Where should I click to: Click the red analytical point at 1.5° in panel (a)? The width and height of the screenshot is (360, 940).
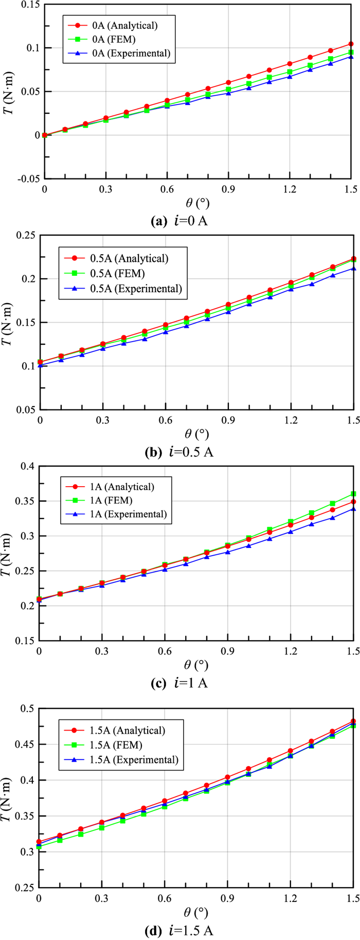[351, 44]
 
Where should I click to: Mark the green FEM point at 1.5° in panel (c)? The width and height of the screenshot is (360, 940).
[353, 494]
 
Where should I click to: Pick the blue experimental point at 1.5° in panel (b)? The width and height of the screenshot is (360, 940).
[353, 269]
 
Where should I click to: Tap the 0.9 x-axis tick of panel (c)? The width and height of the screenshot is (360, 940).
[228, 650]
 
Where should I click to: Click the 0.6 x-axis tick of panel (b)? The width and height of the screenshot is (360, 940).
[165, 419]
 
